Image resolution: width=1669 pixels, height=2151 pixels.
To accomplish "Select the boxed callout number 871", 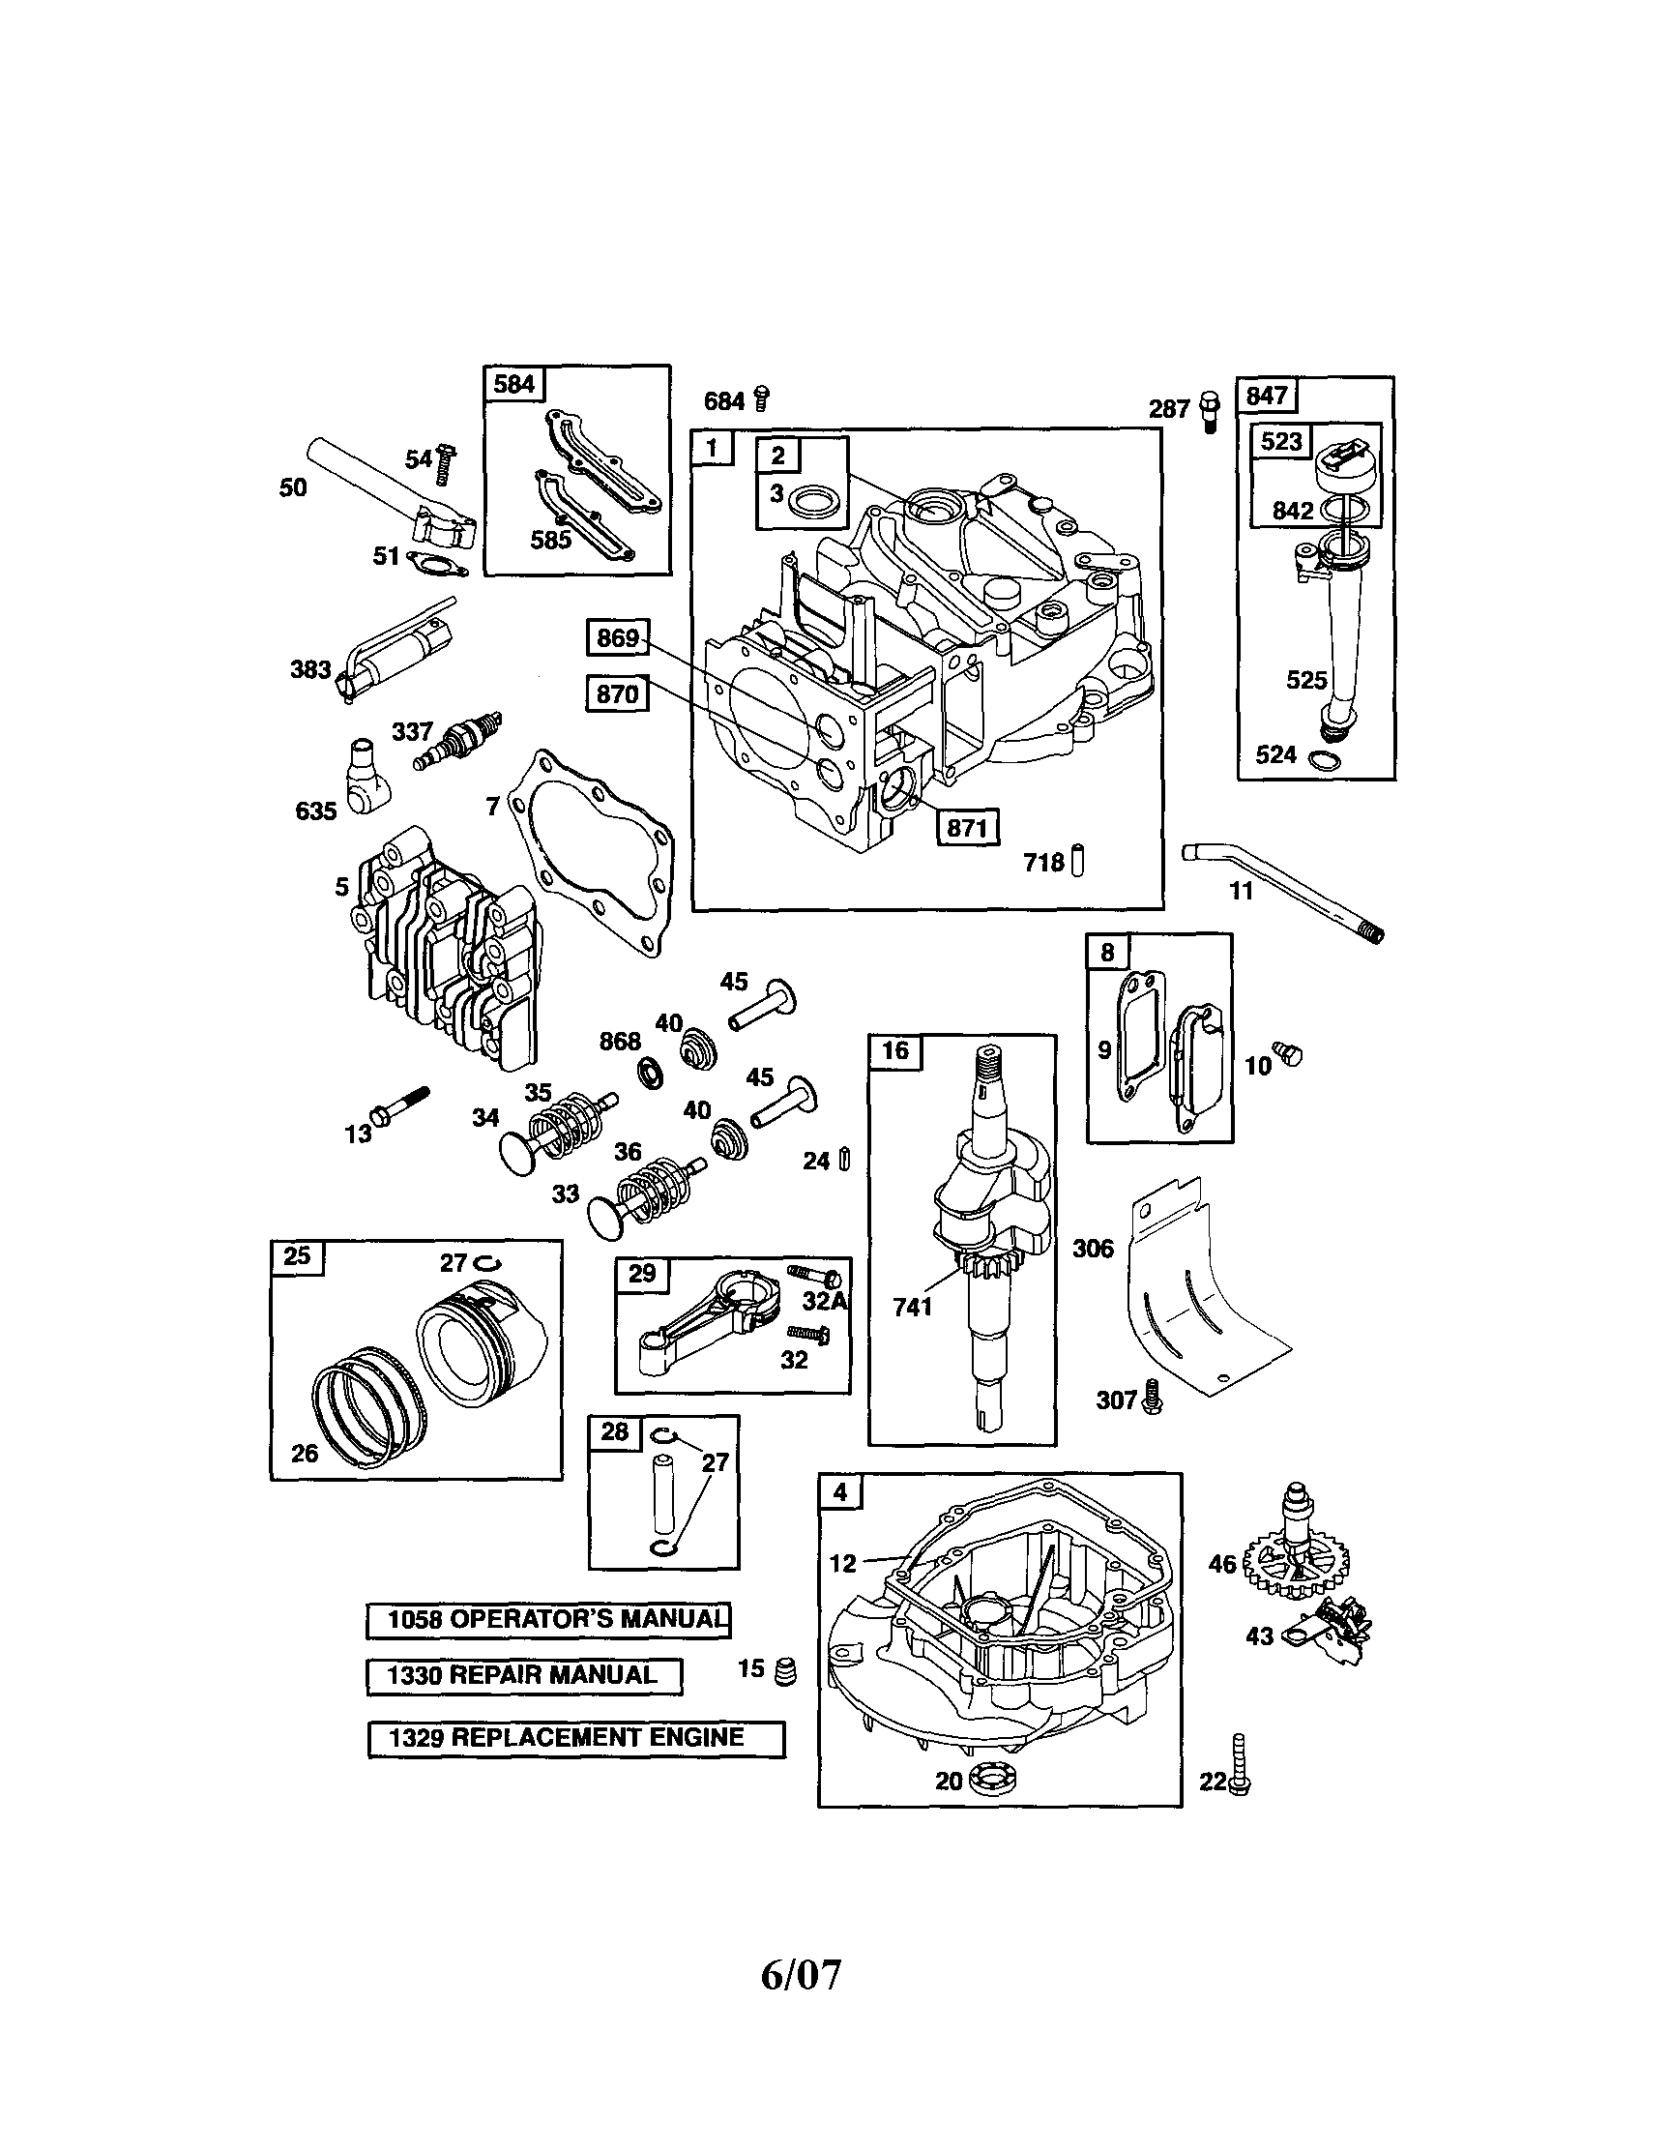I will (x=966, y=827).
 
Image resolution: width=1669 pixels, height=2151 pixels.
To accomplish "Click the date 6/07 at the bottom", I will (x=801, y=1974).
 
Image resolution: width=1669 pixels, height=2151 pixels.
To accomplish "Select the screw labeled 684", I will (x=761, y=398).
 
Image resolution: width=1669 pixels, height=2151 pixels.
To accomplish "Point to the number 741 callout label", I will (x=912, y=1308).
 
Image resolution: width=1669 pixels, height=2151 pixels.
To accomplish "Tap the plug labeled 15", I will (x=786, y=1672).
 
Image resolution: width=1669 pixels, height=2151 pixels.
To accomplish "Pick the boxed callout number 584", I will (x=514, y=383).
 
